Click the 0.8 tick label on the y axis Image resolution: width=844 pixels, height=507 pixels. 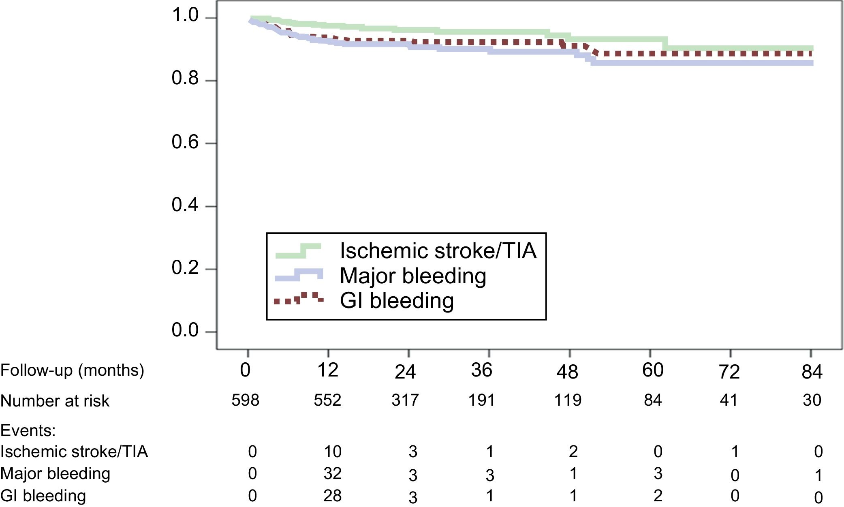click(185, 78)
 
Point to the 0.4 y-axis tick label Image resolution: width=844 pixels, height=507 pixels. click(185, 205)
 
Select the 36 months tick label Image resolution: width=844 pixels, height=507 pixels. click(481, 370)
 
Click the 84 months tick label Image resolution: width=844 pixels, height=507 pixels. click(812, 372)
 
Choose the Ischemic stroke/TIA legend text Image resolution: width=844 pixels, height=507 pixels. click(438, 251)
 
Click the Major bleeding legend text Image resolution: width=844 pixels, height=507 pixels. click(413, 276)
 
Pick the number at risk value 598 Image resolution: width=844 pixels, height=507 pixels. click(245, 400)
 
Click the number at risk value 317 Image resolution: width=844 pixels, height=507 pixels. click(405, 400)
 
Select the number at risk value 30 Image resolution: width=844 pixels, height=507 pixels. click(812, 400)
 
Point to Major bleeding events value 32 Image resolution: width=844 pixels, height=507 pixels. click(332, 473)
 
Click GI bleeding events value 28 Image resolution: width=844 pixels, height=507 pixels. click(332, 496)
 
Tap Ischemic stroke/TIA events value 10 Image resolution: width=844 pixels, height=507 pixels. click(332, 451)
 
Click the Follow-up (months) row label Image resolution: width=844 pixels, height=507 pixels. click(72, 370)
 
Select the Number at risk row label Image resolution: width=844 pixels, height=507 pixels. click(55, 401)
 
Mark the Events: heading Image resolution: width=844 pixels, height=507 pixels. click(28, 430)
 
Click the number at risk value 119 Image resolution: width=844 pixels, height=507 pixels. click(568, 400)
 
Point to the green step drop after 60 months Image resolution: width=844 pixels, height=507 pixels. click(665, 44)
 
